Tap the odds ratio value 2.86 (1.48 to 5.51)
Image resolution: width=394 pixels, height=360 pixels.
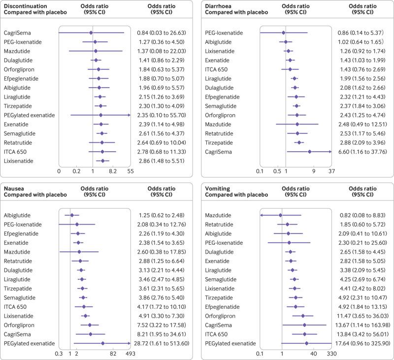(x=161, y=161)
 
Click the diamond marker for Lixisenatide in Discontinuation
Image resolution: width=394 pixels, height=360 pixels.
(x=102, y=161)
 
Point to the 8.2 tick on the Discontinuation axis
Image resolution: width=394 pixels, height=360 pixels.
(x=113, y=171)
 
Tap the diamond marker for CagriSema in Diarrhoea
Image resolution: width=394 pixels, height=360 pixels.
(x=310, y=152)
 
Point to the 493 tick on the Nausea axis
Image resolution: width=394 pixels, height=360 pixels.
(x=130, y=353)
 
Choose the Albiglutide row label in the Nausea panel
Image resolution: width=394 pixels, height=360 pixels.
(x=17, y=215)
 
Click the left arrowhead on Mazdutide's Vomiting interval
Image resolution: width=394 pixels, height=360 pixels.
(x=262, y=215)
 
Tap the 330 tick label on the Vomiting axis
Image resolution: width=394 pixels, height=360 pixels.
(x=331, y=353)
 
